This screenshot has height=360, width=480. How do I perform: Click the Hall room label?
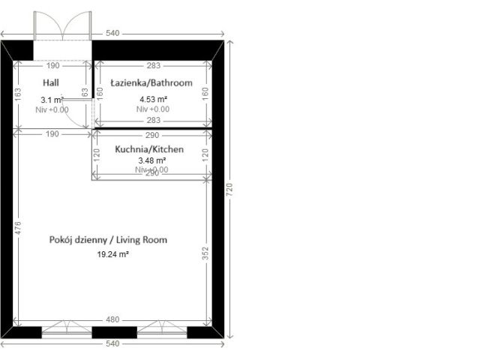(51, 82)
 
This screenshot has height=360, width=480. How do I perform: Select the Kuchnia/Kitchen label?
(149, 149)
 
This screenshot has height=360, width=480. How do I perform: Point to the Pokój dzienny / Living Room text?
(108, 240)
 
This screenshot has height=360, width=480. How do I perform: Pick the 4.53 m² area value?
(152, 98)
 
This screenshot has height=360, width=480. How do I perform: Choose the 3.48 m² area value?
(151, 160)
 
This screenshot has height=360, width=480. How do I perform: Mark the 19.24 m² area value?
(112, 254)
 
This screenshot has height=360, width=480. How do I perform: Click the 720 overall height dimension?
(231, 187)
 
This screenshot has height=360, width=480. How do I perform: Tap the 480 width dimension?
(113, 320)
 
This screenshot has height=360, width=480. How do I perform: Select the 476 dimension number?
(17, 227)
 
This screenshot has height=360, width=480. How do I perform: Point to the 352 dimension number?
(205, 253)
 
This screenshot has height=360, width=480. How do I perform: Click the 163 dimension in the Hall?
(17, 96)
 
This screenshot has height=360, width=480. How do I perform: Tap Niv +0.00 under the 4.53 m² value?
(152, 109)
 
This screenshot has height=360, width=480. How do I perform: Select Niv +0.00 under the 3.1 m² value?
(52, 109)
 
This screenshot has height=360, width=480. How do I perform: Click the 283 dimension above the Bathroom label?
(153, 65)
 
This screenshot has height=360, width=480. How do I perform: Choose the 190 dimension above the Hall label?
(52, 65)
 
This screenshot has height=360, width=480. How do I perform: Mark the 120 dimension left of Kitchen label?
(96, 155)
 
